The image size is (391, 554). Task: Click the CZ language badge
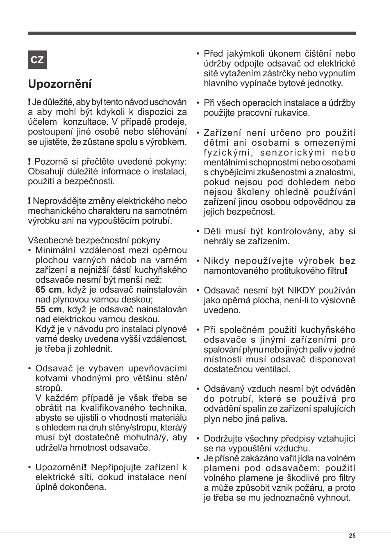pos(37,60)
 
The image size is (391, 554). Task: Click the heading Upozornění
pos(60,84)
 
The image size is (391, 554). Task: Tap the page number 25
pos(352,536)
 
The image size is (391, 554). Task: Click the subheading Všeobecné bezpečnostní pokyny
pos(94,240)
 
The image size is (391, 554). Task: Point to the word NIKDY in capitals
pos(302,291)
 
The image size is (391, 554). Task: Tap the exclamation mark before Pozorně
pos(30,162)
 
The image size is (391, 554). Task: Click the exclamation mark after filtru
pos(346,271)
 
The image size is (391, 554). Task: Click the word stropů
pos(49,388)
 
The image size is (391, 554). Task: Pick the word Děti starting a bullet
pos(213,231)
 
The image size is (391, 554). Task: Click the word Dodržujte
pos(224,439)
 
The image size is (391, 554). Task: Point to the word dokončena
pos(86,487)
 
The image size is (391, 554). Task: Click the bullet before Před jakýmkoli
pos(198,54)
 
